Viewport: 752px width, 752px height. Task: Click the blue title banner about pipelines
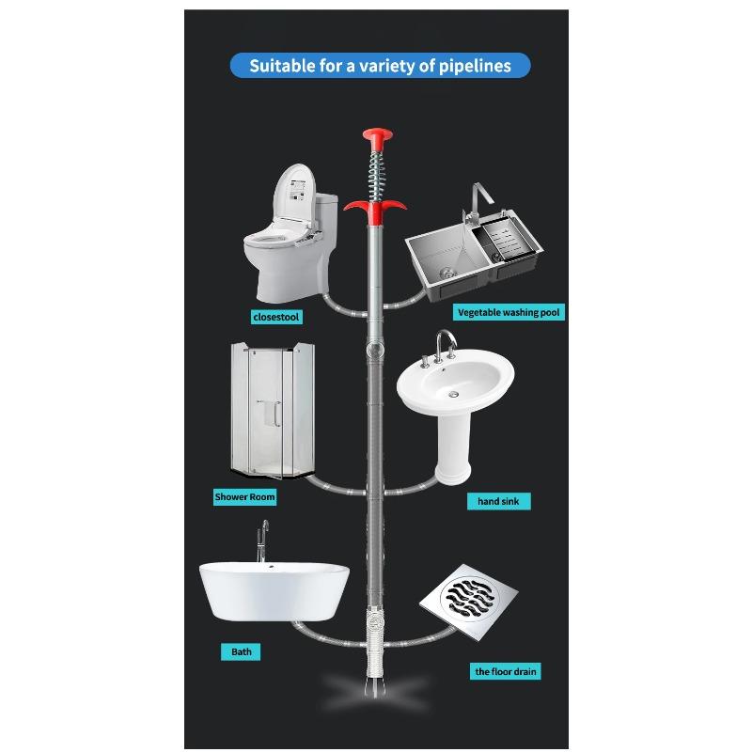[x=381, y=66]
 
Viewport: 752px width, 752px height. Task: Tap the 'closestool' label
[x=276, y=317]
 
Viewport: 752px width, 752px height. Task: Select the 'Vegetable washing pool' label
[x=509, y=312]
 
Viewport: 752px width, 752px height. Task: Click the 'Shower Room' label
[x=245, y=497]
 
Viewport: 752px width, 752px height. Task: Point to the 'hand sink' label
[x=499, y=501]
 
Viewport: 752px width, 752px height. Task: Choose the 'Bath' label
[x=241, y=651]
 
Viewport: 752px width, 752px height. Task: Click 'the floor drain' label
[x=506, y=671]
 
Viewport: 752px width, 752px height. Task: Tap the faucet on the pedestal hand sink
[x=445, y=344]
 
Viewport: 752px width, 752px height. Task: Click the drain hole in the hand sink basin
[x=453, y=394]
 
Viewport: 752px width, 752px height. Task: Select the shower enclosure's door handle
[x=276, y=414]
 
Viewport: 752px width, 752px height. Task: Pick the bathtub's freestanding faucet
[x=262, y=541]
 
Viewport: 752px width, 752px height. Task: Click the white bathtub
[x=274, y=592]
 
